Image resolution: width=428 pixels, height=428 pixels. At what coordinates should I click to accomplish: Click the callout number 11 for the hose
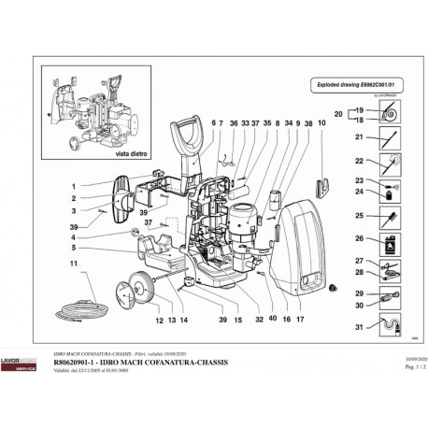[x=71, y=265]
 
